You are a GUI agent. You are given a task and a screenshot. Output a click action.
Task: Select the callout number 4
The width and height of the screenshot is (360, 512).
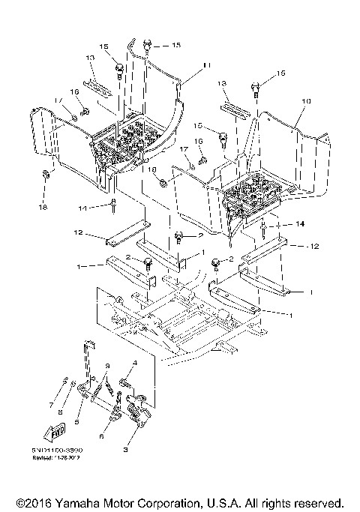pyautogui.click(x=135, y=363)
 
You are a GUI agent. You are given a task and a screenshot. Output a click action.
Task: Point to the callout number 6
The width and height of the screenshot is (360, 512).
pyautogui.click(x=102, y=433)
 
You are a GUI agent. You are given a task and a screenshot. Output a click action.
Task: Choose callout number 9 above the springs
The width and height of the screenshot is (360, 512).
pyautogui.click(x=107, y=365)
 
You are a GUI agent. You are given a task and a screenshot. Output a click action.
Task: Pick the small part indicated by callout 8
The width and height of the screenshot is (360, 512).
pyautogui.click(x=73, y=385)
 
